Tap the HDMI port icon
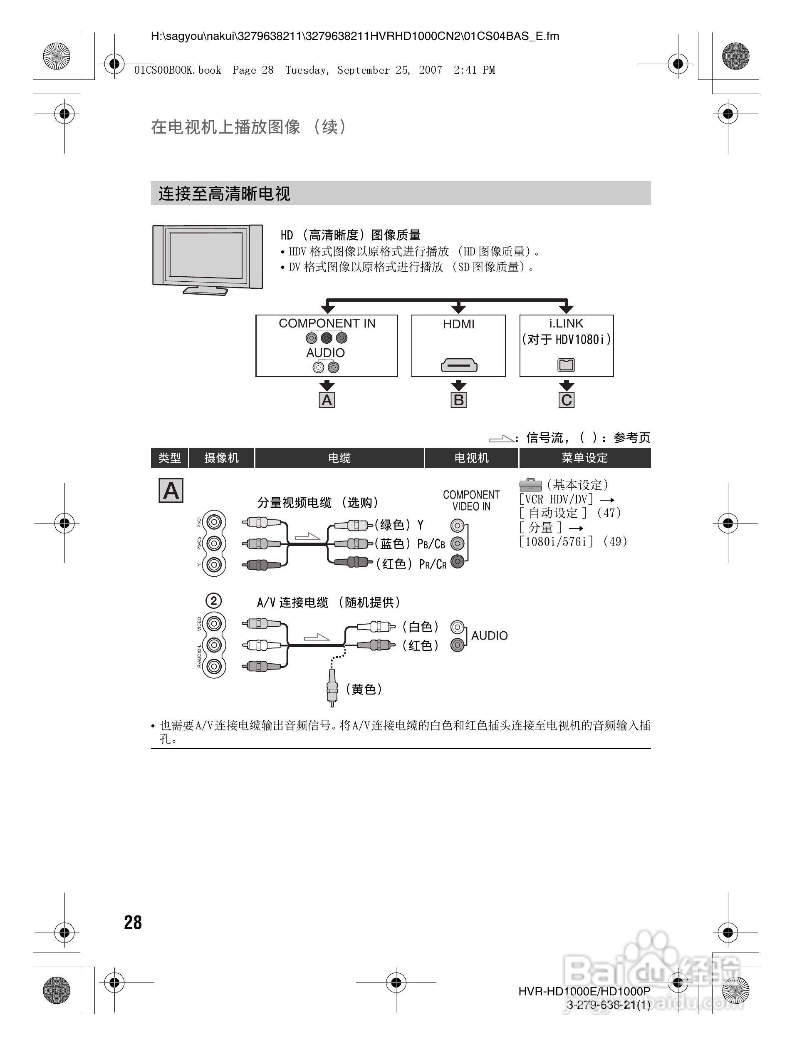point(458,365)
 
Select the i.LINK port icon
point(566,365)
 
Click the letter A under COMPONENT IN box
point(327,400)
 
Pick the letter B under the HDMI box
point(458,400)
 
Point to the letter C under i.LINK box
point(566,400)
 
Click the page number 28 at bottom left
point(133,923)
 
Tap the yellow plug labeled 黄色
point(332,686)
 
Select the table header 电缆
point(339,458)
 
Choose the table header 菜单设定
point(584,458)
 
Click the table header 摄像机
point(221,458)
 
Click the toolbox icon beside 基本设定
point(530,485)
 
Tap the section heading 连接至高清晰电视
point(224,194)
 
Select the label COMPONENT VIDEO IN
point(471,500)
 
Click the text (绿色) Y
point(399,525)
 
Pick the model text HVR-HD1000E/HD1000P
point(584,991)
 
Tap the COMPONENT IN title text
point(327,323)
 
